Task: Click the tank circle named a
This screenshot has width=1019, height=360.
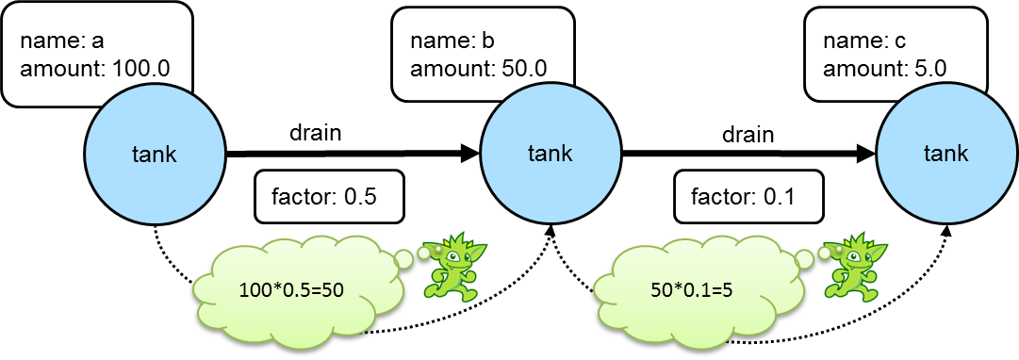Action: [x=155, y=154]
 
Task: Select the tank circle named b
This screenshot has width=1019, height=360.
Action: [x=550, y=154]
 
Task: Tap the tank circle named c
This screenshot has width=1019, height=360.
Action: [x=945, y=154]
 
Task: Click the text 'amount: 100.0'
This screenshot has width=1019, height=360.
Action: [x=94, y=68]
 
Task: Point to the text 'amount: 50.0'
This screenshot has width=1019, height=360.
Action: [x=478, y=68]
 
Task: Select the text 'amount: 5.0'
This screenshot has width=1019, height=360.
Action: [x=884, y=68]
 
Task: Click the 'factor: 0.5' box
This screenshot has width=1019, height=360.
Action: [x=329, y=196]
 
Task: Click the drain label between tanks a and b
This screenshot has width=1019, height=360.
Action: [x=315, y=133]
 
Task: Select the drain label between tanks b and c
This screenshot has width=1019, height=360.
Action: [x=748, y=134]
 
